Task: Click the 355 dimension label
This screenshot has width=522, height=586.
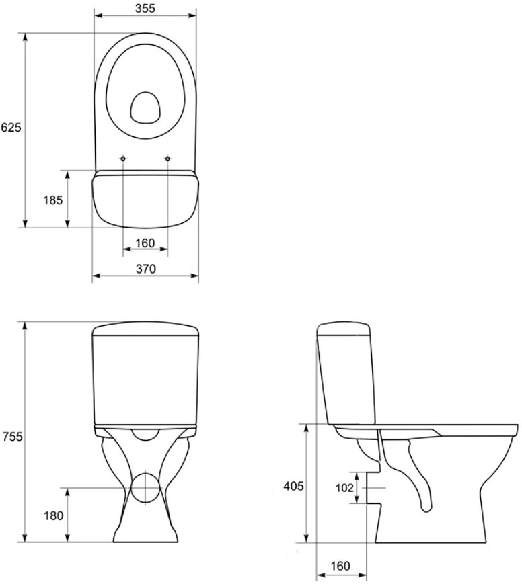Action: tap(145, 8)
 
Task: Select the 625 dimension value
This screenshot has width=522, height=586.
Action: tap(11, 128)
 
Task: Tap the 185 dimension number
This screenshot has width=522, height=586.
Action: tap(52, 200)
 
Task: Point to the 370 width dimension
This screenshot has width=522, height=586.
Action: tap(145, 269)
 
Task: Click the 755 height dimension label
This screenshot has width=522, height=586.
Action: tap(12, 437)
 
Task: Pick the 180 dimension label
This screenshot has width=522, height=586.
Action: tap(54, 515)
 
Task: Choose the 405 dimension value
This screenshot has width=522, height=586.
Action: tap(293, 486)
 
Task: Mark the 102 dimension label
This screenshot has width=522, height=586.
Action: tap(344, 488)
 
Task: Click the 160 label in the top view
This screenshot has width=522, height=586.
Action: tap(145, 243)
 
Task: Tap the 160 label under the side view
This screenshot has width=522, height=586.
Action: tap(340, 566)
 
